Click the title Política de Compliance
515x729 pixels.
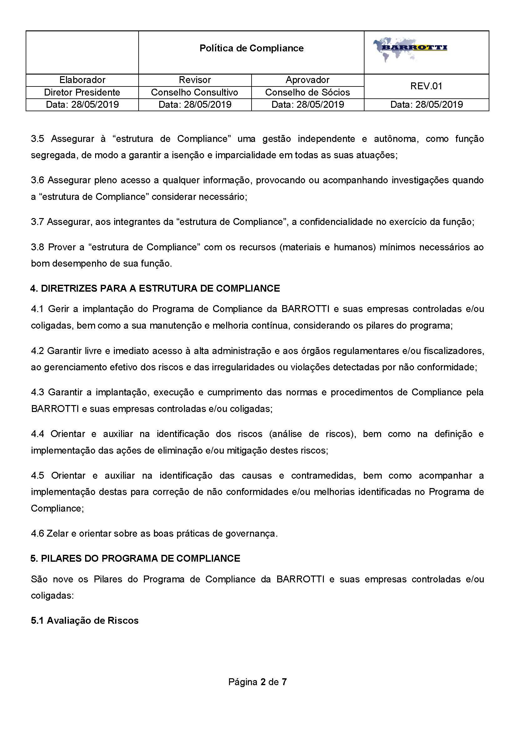tap(251, 48)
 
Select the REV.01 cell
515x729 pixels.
tap(426, 86)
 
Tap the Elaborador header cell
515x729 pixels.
tap(82, 80)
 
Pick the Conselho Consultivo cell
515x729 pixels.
tap(194, 92)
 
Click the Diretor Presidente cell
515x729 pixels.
tap(82, 92)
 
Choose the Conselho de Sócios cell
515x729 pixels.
tap(307, 92)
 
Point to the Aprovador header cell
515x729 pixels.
tap(307, 80)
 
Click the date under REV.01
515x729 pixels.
tap(426, 104)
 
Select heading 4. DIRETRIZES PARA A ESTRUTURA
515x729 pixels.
tap(155, 288)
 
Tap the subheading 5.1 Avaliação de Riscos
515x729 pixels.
tap(85, 620)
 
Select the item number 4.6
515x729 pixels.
tap(38, 534)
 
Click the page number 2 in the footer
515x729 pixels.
tap(263, 682)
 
